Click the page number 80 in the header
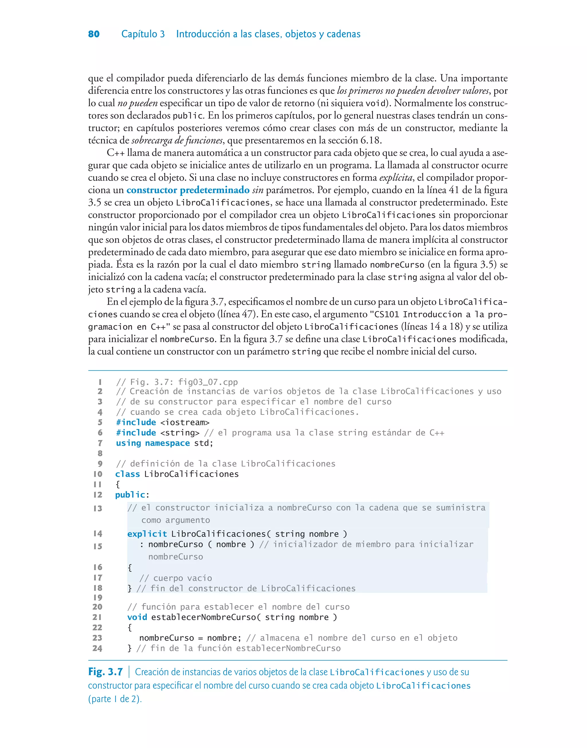tap(94, 34)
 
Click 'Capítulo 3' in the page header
tap(143, 34)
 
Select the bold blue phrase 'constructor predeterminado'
tap(188, 190)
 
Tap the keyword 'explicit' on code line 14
tap(147, 534)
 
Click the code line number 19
tap(98, 598)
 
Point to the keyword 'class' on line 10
tap(128, 474)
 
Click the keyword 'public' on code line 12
tap(130, 495)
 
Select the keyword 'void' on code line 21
tap(137, 617)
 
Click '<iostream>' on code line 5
tap(185, 422)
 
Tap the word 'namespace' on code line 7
tap(167, 443)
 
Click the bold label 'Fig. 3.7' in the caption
tap(105, 672)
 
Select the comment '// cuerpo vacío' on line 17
tap(176, 578)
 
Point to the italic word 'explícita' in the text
tap(396, 178)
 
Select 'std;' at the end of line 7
tap(204, 443)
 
